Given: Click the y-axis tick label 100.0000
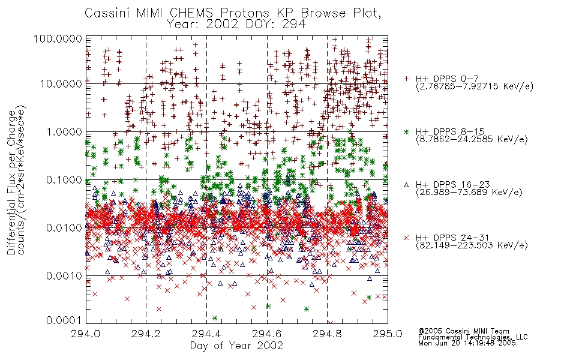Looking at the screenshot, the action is pyautogui.click(x=58, y=38).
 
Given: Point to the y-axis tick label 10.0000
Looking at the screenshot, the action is pyautogui.click(x=61, y=84).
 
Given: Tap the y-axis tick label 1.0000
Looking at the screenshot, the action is pyautogui.click(x=64, y=131).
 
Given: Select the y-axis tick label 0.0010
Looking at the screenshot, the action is pyautogui.click(x=64, y=276).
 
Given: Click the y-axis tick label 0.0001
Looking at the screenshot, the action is pyautogui.click(x=64, y=320).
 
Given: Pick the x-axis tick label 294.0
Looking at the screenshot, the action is pyautogui.click(x=85, y=334).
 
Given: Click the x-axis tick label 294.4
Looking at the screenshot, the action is pyautogui.click(x=206, y=334).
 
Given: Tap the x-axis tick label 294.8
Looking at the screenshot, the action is pyautogui.click(x=327, y=334).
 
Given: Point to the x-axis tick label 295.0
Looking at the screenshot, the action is pyautogui.click(x=388, y=334).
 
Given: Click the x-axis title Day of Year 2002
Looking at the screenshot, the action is pyautogui.click(x=236, y=346).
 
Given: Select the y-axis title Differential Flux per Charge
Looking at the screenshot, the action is pyautogui.click(x=12, y=182).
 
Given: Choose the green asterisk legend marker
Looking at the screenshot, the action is pyautogui.click(x=406, y=131).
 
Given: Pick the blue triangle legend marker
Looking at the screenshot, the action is pyautogui.click(x=406, y=185).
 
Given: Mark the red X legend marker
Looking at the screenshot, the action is pyautogui.click(x=406, y=238).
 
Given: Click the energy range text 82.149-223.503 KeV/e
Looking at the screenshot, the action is pyautogui.click(x=472, y=245).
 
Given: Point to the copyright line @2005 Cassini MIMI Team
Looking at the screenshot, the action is pyautogui.click(x=463, y=331).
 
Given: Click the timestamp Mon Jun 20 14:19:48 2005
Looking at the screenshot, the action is pyautogui.click(x=467, y=343).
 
